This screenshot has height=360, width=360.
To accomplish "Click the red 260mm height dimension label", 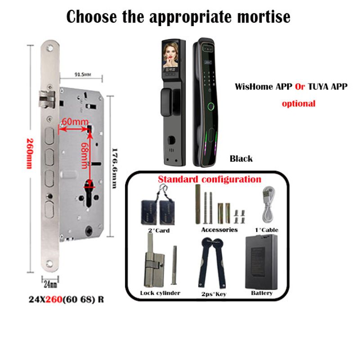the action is click(30, 153).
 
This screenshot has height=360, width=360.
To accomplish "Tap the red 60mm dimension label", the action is click(75, 121).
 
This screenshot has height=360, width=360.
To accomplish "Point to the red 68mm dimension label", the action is click(85, 155).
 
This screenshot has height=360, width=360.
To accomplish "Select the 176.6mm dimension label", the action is click(115, 168).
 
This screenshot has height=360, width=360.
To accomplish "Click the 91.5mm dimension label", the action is click(83, 74).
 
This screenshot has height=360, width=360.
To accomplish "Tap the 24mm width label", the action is click(50, 284).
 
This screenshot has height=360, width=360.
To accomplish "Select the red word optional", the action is click(298, 103).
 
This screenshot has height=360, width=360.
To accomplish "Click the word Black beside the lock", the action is click(241, 158).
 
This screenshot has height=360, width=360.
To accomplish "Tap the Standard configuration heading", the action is click(209, 179).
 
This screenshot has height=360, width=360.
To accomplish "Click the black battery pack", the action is click(261, 262).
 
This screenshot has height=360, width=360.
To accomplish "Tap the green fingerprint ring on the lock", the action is click(211, 106).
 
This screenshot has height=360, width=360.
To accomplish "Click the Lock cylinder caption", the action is click(160, 293).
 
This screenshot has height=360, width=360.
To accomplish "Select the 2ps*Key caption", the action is click(214, 294).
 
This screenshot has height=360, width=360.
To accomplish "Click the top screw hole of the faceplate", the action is click(50, 48).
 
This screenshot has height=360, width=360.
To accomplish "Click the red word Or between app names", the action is click(300, 86).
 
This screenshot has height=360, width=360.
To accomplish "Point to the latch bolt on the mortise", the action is click(47, 99).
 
